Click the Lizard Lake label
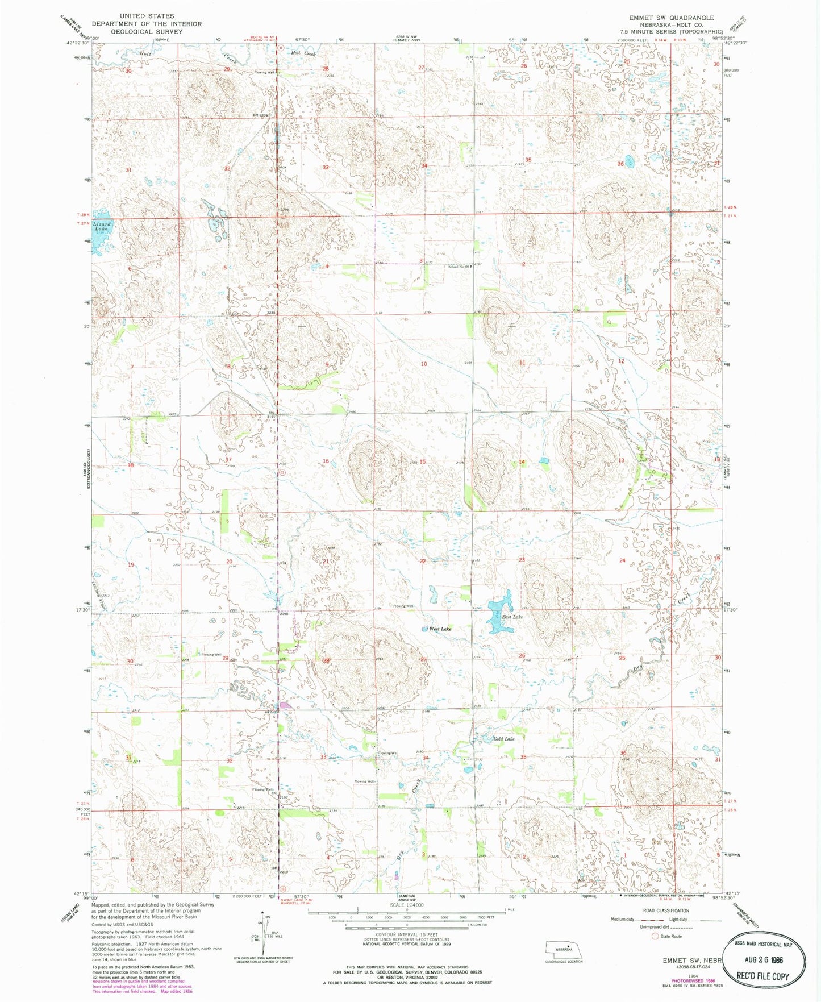[102, 226]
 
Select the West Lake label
[440, 629]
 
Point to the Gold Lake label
[503, 739]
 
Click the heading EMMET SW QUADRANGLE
[671, 18]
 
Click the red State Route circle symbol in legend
[655, 936]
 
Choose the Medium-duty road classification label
[623, 919]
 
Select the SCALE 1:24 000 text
[407, 905]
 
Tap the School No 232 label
[460, 266]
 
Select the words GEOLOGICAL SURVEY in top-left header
[147, 32]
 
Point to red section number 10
[424, 364]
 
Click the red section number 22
[423, 561]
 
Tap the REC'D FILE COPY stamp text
[763, 976]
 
